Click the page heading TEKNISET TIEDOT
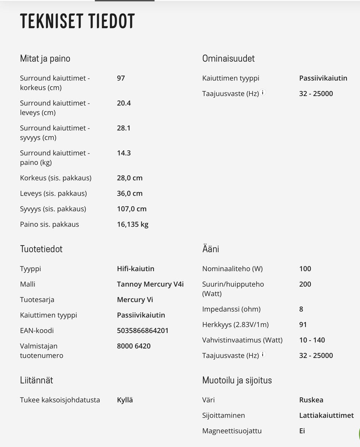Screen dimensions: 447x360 (x=77, y=21)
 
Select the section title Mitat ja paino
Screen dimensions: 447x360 (x=45, y=58)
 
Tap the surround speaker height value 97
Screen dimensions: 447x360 (x=121, y=78)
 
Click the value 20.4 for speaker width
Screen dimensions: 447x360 (x=124, y=103)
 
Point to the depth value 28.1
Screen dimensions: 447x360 (x=124, y=128)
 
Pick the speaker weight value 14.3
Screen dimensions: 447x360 (x=124, y=153)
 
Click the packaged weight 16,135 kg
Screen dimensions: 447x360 (x=132, y=224)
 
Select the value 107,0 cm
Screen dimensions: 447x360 (x=132, y=209)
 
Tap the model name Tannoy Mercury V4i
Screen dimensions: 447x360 (x=150, y=284)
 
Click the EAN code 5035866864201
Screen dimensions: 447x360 (x=142, y=330)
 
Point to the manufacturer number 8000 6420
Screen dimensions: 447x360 (x=133, y=346)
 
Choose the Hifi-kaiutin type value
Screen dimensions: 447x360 (x=135, y=269)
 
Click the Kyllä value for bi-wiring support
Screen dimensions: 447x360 (x=125, y=400)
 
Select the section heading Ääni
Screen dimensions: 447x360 (x=210, y=249)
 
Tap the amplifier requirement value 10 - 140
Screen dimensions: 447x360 (x=312, y=340)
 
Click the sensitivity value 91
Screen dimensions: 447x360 (x=303, y=325)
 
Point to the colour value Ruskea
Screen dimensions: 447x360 (x=311, y=400)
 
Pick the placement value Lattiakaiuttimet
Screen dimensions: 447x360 (x=326, y=416)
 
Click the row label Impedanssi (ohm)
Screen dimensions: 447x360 (x=231, y=309)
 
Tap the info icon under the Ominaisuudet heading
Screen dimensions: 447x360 (x=263, y=93)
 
